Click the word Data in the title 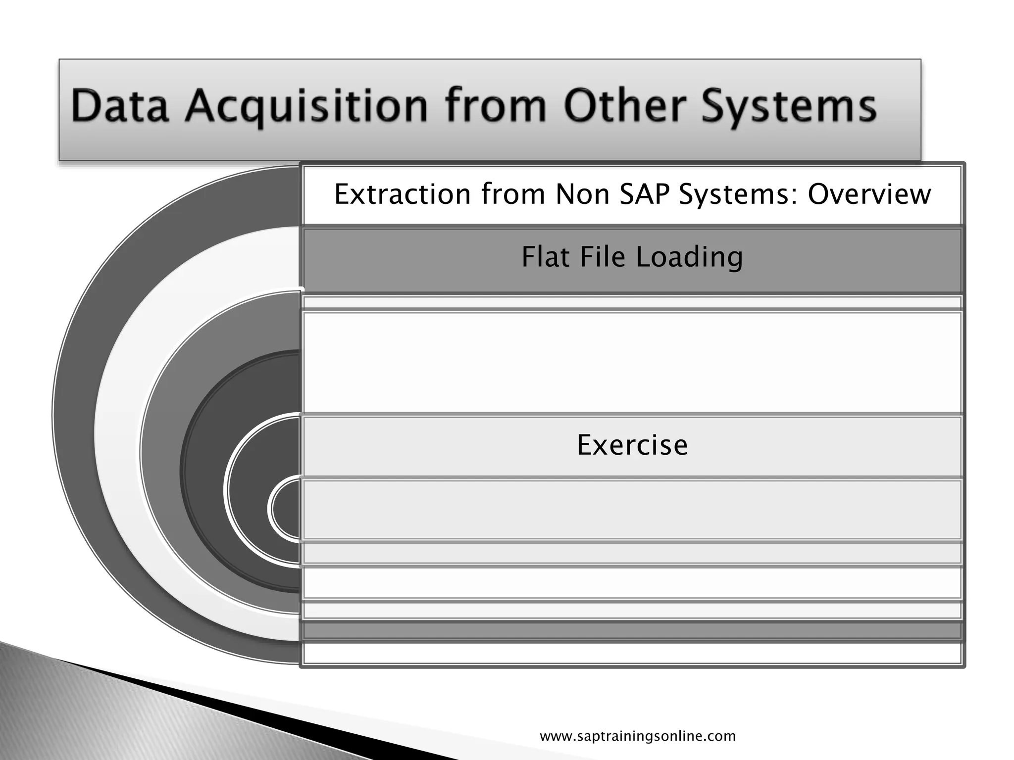point(119,106)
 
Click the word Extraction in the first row point(403,194)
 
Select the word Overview point(869,194)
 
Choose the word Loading point(689,257)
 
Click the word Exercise point(632,445)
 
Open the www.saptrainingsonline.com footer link point(638,736)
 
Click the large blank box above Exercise point(632,362)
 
